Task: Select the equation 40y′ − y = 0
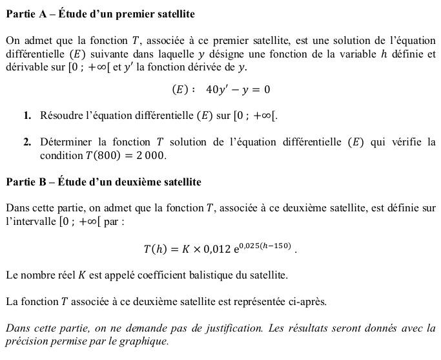coord(238,90)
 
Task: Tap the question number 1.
coord(26,116)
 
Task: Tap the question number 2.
coord(26,142)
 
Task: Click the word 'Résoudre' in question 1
coord(62,116)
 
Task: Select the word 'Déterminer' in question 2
coord(67,142)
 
